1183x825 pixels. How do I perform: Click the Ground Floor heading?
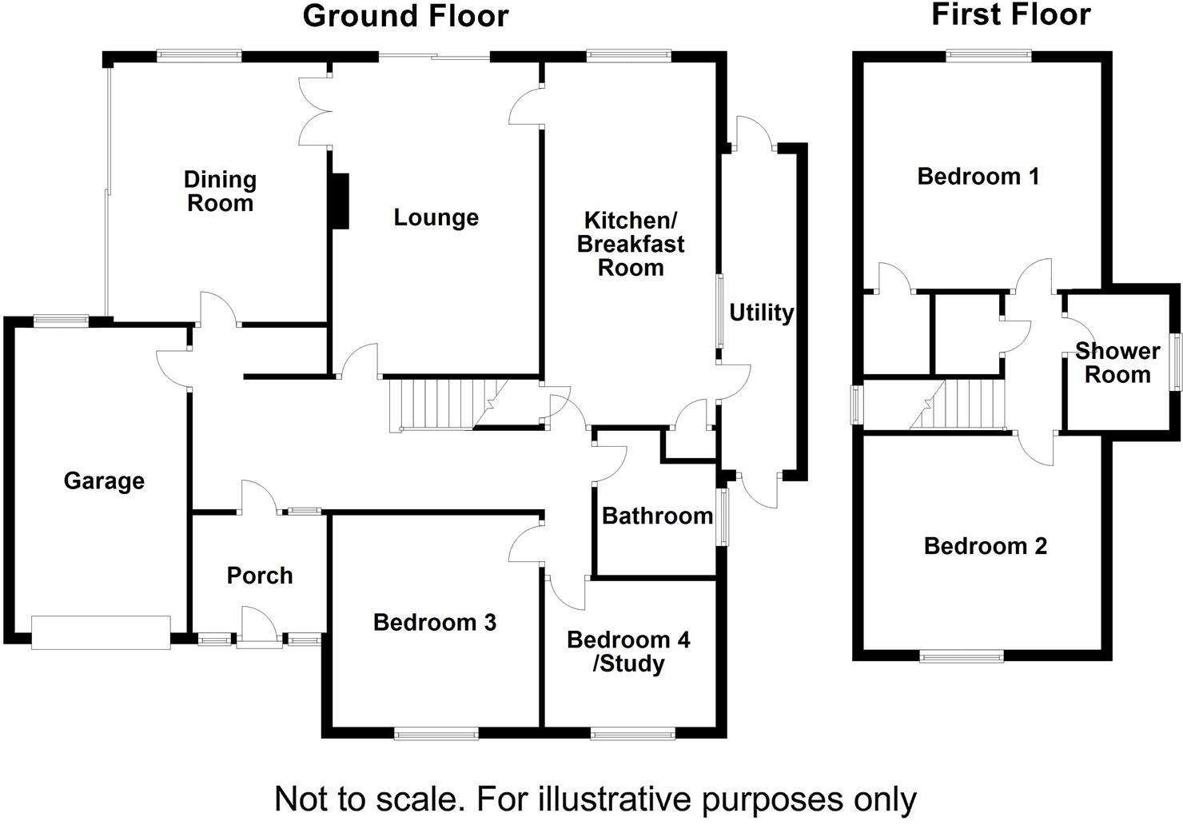point(405,16)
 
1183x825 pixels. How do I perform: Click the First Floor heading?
point(1011,14)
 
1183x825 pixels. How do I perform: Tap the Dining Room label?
point(221,191)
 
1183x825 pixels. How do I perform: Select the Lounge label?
point(436,217)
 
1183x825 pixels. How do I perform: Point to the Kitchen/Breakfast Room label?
point(631,244)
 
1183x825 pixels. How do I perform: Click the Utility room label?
point(762,313)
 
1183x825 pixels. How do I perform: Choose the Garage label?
point(104,481)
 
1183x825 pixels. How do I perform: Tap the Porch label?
point(259,576)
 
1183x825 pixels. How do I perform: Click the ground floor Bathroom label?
point(658,516)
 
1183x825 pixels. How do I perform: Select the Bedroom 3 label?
point(435,622)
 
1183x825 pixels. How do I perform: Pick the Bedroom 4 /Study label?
point(628,652)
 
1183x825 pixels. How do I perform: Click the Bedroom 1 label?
point(978,177)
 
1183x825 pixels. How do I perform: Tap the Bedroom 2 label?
point(986,546)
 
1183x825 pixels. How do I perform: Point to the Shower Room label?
point(1117,363)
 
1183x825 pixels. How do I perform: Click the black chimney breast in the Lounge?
point(341,201)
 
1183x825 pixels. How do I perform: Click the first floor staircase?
point(957,405)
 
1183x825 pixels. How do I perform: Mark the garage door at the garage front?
point(101,632)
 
